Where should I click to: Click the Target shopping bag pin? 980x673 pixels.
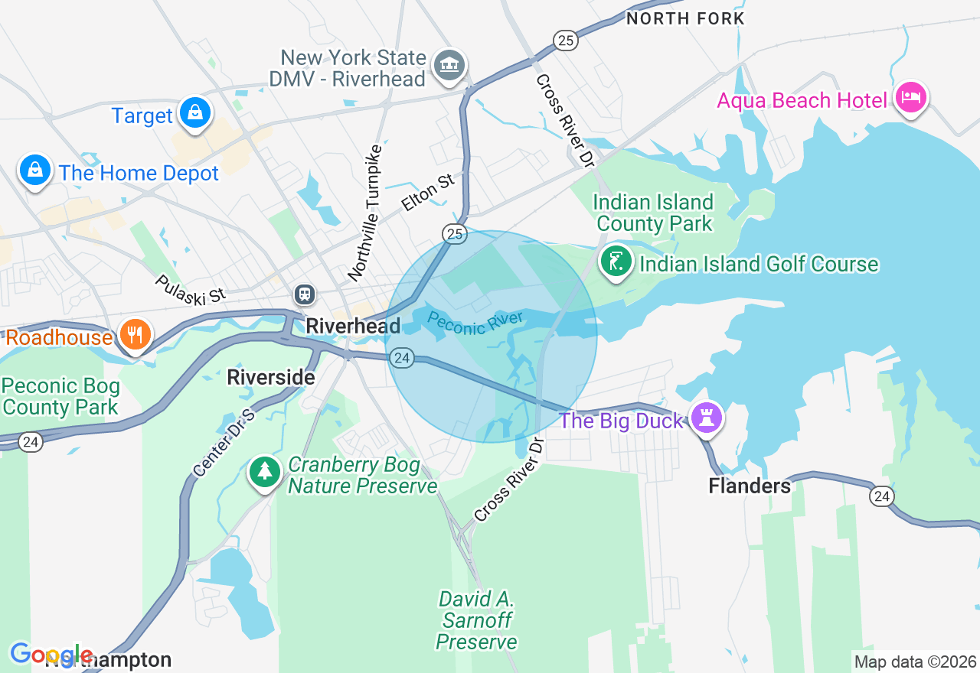pos(195,113)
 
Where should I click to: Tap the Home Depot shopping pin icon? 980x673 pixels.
pos(34,170)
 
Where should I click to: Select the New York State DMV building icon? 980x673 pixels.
pos(449,66)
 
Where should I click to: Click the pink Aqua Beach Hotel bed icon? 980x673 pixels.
pos(911,98)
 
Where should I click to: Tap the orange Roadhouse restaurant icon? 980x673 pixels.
pos(136,335)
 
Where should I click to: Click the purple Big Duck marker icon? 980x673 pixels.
pos(706,418)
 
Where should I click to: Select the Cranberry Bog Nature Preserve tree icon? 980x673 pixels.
pos(265,472)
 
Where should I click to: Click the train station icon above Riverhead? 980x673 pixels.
pos(305,294)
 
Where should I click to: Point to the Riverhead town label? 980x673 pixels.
pos(353,327)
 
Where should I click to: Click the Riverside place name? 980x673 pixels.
pos(271,377)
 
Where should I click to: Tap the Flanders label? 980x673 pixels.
pos(750,486)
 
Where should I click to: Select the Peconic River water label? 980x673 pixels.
pos(475,323)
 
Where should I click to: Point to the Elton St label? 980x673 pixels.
pos(427,193)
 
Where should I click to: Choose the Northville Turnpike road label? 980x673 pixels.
pos(364,212)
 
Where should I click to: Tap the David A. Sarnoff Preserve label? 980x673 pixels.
pos(476,619)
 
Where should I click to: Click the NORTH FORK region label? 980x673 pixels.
pos(685,18)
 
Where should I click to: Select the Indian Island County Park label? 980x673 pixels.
pos(654,213)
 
